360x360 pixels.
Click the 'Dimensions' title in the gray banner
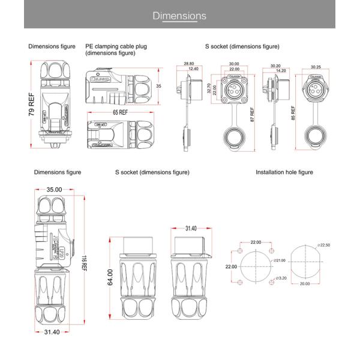179,16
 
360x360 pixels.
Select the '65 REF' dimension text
119,112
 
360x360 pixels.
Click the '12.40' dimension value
193,69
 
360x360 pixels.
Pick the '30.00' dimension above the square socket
233,64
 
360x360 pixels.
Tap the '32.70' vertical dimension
209,89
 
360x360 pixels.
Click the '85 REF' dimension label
292,112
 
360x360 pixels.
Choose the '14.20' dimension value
280,71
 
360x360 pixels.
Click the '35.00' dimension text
54,190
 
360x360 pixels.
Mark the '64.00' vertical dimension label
110,277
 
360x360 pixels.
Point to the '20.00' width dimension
305,284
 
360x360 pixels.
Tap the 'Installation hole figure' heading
284,172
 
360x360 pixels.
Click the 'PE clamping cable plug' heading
116,46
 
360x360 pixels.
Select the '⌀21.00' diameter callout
279,260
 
